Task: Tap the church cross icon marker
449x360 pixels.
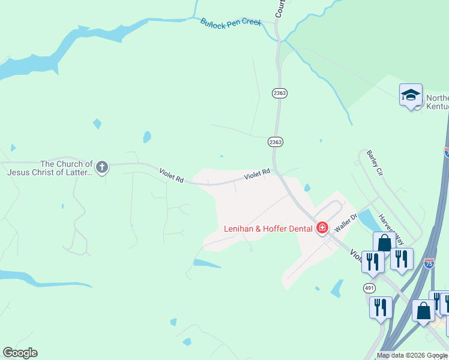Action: click(x=102, y=166)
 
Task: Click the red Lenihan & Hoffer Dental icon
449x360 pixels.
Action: click(x=322, y=227)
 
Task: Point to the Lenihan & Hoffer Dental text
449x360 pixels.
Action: click(x=268, y=229)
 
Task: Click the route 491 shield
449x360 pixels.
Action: click(x=369, y=288)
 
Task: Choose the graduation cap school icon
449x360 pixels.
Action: click(x=411, y=95)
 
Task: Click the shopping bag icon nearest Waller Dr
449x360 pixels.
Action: click(x=384, y=243)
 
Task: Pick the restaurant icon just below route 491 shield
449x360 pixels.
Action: click(x=381, y=307)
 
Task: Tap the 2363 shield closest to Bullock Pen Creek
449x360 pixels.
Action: click(x=279, y=93)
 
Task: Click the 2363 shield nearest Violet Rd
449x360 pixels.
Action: click(x=276, y=142)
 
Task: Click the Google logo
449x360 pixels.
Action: click(x=20, y=352)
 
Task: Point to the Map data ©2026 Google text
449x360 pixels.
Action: click(x=411, y=355)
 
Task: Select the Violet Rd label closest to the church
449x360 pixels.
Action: click(x=171, y=176)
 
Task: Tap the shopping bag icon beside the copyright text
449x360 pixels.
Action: click(x=423, y=311)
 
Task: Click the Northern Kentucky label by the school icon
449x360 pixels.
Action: click(x=436, y=103)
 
